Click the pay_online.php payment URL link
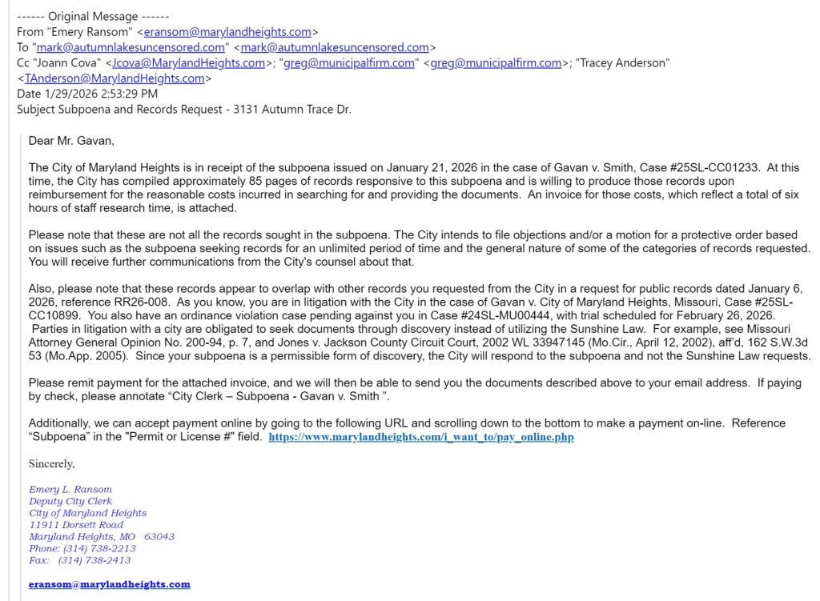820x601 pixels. (x=420, y=437)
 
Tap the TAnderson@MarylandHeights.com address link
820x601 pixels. (x=115, y=78)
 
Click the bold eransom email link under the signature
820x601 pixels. (x=110, y=584)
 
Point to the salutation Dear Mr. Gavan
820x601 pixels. (x=71, y=141)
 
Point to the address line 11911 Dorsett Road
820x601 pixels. (x=76, y=525)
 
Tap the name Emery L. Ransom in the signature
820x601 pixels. (x=70, y=489)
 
